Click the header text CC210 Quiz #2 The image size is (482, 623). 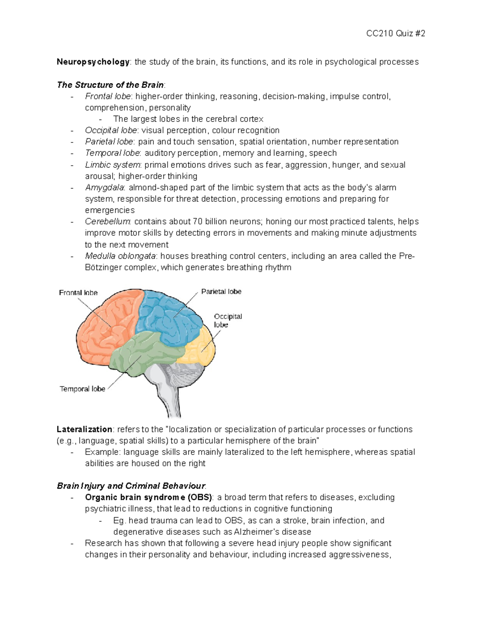396,34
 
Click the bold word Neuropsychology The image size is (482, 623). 93,62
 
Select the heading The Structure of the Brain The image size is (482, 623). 110,85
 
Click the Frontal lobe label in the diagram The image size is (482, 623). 78,293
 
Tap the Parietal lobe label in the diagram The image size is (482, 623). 221,292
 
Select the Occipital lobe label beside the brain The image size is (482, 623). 228,320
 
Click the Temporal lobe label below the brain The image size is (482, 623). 82,389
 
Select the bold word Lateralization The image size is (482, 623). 84,430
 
